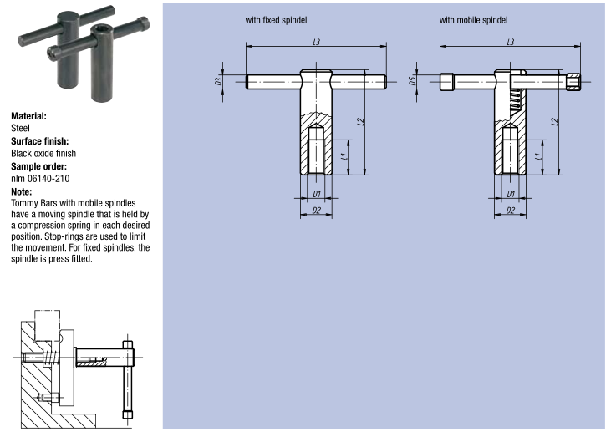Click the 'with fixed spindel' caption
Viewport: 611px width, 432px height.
276,20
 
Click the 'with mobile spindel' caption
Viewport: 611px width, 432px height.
473,20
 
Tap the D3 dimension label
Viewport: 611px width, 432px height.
219,81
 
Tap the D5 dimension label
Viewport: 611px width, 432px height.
413,81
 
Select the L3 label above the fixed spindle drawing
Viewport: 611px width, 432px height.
317,42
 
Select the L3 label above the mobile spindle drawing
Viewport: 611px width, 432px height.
511,42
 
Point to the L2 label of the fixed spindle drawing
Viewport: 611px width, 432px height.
361,122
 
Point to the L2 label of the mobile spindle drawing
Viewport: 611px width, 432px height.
555,122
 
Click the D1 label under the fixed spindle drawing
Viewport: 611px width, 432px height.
317,194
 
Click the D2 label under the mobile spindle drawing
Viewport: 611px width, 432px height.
511,211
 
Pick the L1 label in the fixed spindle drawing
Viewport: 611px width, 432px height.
344,156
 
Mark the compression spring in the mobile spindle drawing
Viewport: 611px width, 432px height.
515,101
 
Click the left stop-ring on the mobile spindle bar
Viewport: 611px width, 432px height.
447,82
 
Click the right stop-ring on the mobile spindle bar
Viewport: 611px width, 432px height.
573,82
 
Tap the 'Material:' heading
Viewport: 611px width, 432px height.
28,116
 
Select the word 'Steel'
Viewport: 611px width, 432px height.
20,128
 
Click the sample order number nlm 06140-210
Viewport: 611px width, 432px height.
40,179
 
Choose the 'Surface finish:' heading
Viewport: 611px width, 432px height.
40,141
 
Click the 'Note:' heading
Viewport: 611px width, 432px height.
22,191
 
